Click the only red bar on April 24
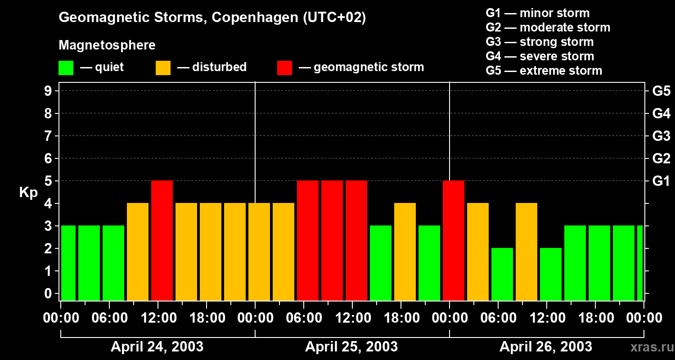coord(162,240)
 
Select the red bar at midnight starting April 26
coord(454,240)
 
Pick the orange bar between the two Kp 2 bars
coord(526,252)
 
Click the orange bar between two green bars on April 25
coord(405,252)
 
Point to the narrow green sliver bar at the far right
coord(640,263)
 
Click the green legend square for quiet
coord(66,68)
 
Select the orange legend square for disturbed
coord(163,68)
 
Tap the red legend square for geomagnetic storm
coord(284,68)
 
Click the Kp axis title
coord(28,193)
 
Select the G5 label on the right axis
coord(661,91)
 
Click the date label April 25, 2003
coord(351,347)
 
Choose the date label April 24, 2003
coord(157,347)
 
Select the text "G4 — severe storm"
coord(540,56)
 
